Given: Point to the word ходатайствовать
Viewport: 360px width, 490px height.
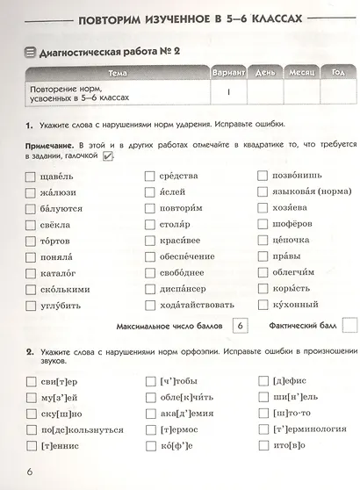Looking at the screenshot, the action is point(198,305).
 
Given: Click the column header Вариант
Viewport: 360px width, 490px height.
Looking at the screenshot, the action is point(228,73).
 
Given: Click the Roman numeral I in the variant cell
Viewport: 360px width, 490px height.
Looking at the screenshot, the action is point(228,91).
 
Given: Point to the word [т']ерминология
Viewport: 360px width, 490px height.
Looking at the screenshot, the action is point(313,429).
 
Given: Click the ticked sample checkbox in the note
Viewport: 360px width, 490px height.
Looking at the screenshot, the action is point(109,156).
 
